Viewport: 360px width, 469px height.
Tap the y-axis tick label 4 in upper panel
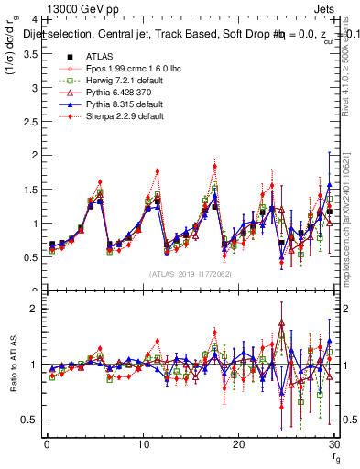pos(33,19)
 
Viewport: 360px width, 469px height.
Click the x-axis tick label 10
pos(142,444)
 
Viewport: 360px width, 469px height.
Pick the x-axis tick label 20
pos(238,444)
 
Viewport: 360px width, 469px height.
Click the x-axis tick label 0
pos(46,444)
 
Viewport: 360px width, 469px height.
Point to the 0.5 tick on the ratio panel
pos(27,420)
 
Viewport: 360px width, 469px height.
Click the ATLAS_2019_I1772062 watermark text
pos(190,274)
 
